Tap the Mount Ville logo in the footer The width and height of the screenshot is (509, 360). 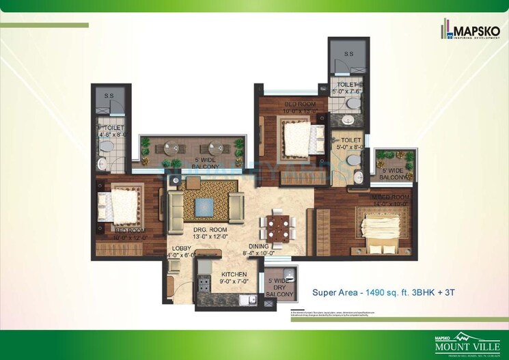470,343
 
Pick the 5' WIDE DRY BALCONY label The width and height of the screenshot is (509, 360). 280,288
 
